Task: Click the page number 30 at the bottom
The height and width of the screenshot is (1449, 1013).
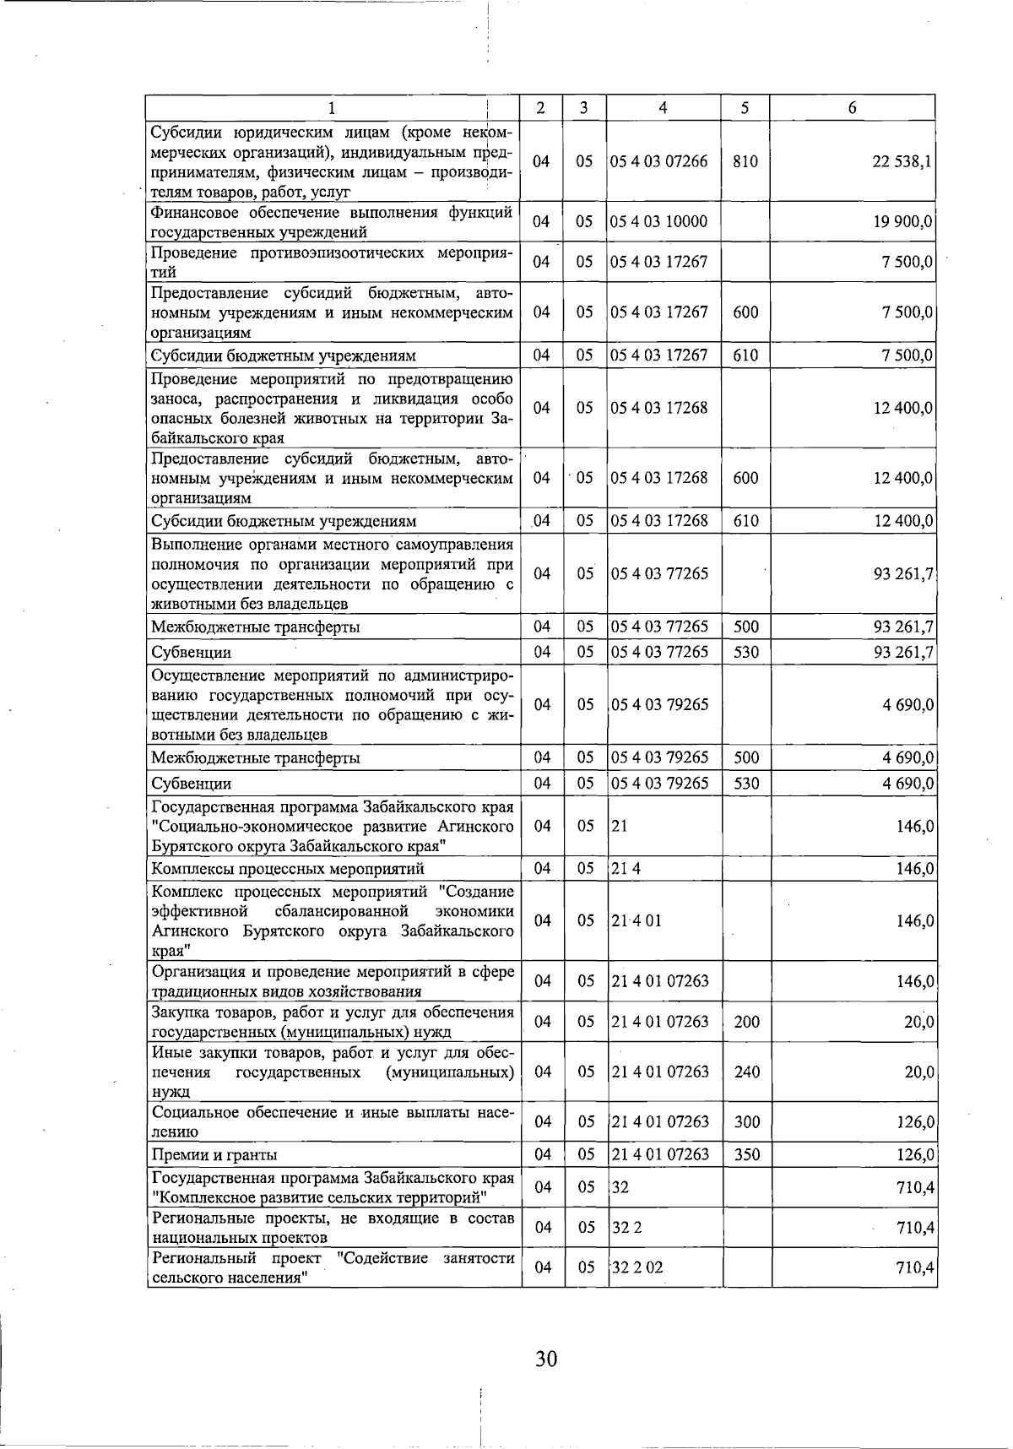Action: (545, 1359)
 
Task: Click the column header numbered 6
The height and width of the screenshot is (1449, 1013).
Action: (853, 107)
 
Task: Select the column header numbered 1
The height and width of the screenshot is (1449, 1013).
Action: (332, 107)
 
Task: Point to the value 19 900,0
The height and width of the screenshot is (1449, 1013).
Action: (902, 222)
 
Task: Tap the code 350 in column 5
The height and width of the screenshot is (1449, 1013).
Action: (746, 1154)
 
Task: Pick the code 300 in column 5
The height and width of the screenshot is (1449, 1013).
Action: (746, 1122)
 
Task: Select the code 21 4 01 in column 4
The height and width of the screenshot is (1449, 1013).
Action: (637, 920)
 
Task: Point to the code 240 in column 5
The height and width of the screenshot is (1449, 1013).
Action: (746, 1072)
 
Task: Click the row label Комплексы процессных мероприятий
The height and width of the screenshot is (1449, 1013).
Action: (287, 869)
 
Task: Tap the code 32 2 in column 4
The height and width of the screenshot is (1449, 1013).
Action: (627, 1227)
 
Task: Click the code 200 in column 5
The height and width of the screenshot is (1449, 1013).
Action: (746, 1022)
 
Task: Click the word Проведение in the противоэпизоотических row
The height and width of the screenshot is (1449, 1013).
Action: (193, 253)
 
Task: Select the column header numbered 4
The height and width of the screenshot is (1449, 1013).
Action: (664, 107)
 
